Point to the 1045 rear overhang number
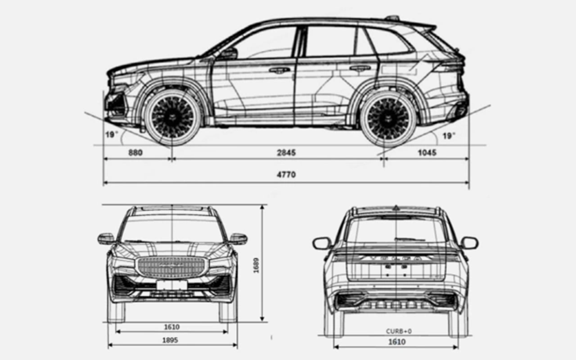[x=427, y=153]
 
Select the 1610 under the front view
[x=171, y=327]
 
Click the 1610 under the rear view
[x=397, y=342]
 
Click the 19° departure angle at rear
[x=448, y=136]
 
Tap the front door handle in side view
[x=279, y=70]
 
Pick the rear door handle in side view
[x=360, y=68]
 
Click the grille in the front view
[x=171, y=266]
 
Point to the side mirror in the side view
[x=228, y=53]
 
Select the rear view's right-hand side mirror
[x=469, y=243]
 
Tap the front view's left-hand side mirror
[x=106, y=238]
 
